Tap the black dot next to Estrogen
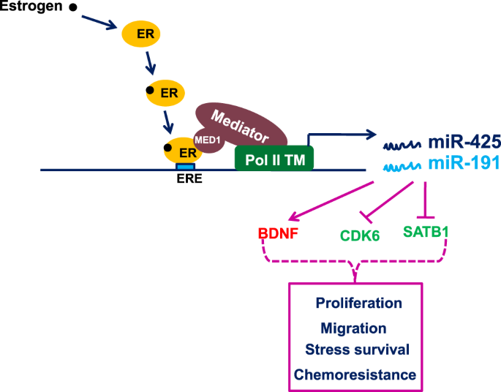(72, 9)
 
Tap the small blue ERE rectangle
(185, 167)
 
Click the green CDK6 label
(360, 235)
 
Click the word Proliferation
(358, 303)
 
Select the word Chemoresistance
(355, 374)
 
